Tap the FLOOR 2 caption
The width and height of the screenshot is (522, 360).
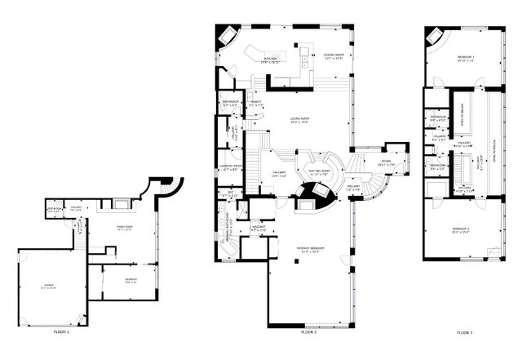[308, 333]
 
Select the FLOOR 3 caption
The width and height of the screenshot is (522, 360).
[464, 333]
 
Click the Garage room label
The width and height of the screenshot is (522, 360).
[49, 286]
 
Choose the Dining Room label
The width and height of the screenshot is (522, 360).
[334, 56]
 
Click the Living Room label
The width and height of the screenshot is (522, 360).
[300, 119]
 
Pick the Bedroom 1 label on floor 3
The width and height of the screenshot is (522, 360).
[466, 57]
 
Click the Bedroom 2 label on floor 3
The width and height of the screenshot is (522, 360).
[465, 229]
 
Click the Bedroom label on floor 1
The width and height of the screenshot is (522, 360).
[130, 280]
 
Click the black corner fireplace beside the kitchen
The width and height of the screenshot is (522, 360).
[227, 37]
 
